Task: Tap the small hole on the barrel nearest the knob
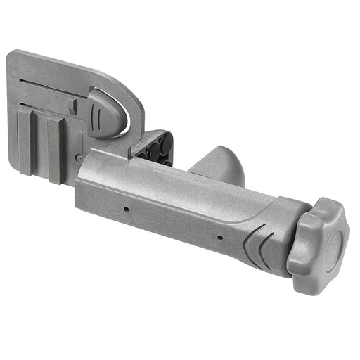tap(220, 237)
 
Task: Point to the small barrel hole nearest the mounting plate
tap(126, 209)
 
